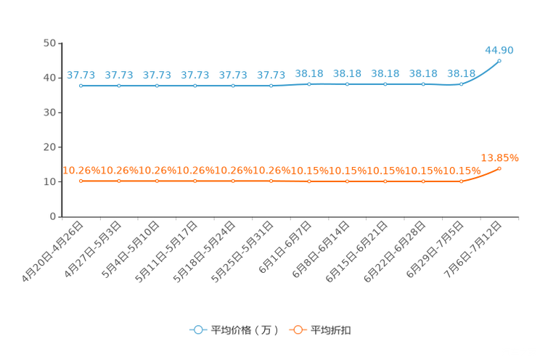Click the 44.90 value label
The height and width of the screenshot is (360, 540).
click(x=499, y=50)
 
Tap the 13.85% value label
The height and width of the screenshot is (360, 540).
click(x=499, y=158)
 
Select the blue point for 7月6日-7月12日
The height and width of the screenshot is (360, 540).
click(x=499, y=61)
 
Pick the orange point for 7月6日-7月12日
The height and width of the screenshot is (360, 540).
click(x=499, y=169)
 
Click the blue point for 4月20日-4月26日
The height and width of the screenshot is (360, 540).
click(x=81, y=86)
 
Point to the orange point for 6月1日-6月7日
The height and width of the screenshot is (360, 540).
click(x=309, y=181)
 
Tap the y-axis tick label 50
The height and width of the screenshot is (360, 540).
click(x=49, y=43)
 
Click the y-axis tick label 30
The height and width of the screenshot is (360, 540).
click(x=49, y=112)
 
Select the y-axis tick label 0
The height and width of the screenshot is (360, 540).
click(x=53, y=217)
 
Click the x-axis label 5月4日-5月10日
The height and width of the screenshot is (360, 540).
click(x=131, y=250)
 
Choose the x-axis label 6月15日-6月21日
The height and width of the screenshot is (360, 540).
click(x=357, y=252)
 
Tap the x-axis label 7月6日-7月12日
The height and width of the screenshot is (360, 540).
click(x=472, y=250)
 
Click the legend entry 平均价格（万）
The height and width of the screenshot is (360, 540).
click(x=245, y=330)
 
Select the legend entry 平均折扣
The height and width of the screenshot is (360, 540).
click(x=331, y=330)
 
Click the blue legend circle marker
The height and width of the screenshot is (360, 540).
click(x=198, y=330)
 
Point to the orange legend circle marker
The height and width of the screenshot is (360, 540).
click(x=298, y=330)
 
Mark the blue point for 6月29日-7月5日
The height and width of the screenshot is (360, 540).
click(x=462, y=84)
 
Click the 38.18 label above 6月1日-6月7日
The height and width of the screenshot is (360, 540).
click(x=309, y=74)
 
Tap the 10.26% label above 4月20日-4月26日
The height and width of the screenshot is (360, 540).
click(x=81, y=171)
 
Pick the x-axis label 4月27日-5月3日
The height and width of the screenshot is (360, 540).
click(x=93, y=250)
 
